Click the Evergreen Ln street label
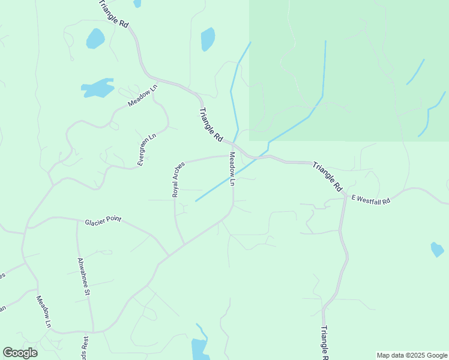click(146, 149)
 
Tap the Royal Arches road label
click(176, 179)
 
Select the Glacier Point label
click(103, 220)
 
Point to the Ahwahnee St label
click(83, 277)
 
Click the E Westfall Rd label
click(371, 199)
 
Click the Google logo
click(20, 353)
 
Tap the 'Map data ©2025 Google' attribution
click(412, 355)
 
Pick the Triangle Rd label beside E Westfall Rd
click(327, 177)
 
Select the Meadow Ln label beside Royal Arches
click(232, 169)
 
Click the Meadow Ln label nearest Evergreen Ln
click(142, 95)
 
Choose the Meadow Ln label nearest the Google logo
click(43, 311)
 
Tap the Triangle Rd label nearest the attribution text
click(324, 342)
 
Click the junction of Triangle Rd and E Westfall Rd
click(345, 196)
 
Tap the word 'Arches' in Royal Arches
click(178, 172)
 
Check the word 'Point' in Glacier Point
click(113, 220)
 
